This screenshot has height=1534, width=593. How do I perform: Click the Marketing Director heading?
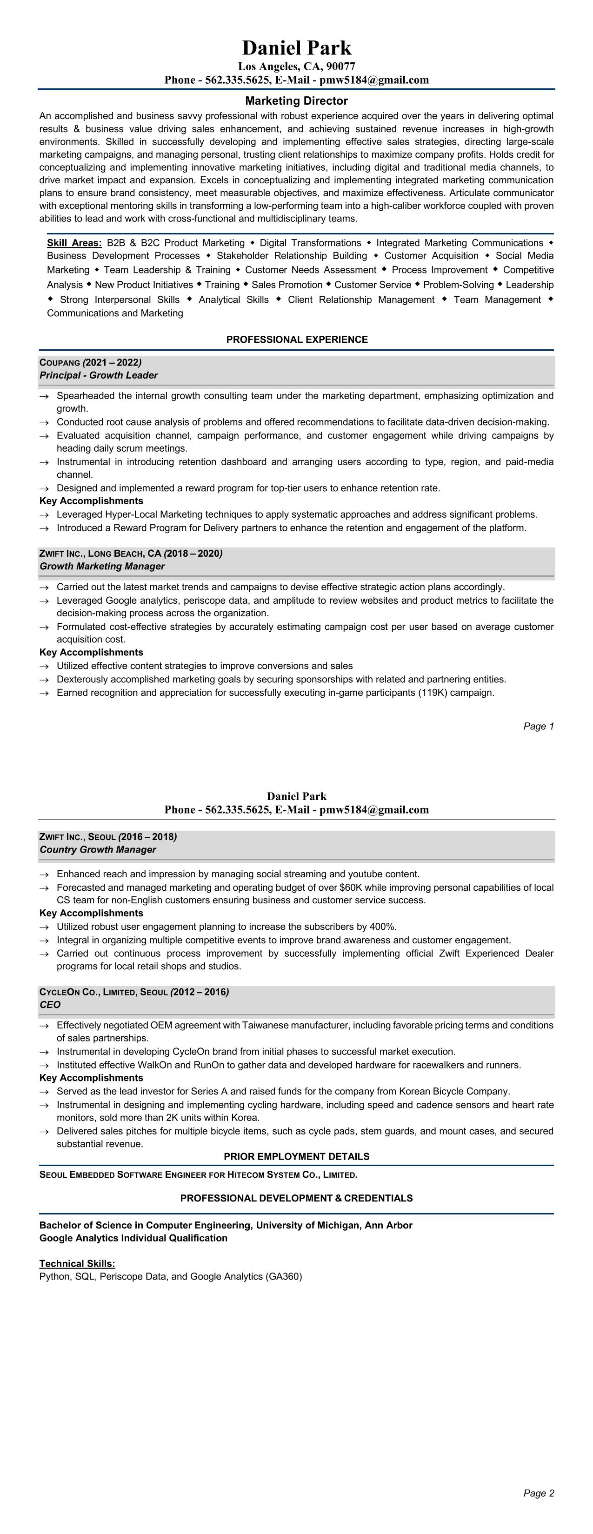(x=297, y=100)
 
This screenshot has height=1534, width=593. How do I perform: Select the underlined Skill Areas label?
(x=74, y=243)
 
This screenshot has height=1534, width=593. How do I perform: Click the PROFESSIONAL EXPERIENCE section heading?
(x=297, y=340)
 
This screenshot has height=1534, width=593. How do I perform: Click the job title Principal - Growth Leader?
(x=98, y=375)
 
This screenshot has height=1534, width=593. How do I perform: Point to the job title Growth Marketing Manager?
(x=102, y=567)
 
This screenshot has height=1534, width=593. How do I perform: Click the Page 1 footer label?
(x=538, y=726)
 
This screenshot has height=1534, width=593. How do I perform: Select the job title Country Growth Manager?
(x=98, y=850)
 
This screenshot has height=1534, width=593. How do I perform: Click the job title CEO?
(x=50, y=1005)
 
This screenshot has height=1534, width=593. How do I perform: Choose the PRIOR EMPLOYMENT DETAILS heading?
(x=297, y=1156)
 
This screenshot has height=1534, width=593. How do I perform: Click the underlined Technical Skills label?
(x=77, y=1264)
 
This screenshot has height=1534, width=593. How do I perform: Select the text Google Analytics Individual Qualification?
(x=133, y=1238)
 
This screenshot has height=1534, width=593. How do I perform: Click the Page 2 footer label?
(x=538, y=1493)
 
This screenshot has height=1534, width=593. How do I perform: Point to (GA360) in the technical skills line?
(x=284, y=1277)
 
